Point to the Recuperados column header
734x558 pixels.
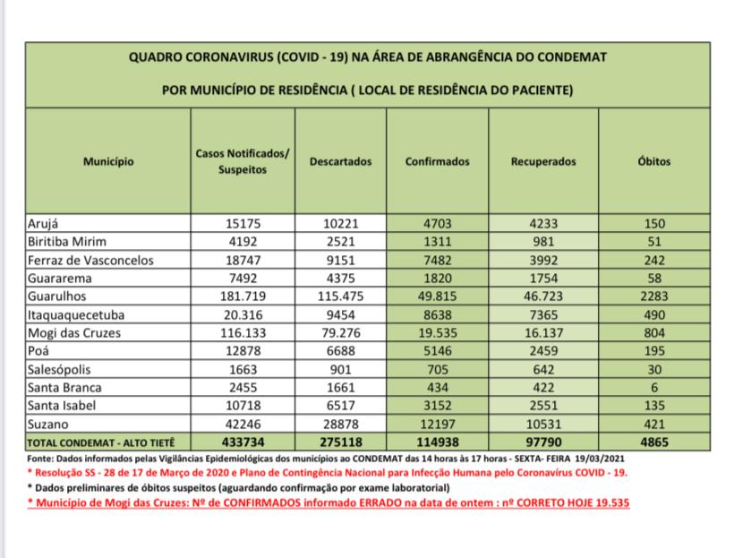[x=543, y=162]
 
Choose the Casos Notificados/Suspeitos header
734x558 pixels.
[x=242, y=162]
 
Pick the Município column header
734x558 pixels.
[x=108, y=162]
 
